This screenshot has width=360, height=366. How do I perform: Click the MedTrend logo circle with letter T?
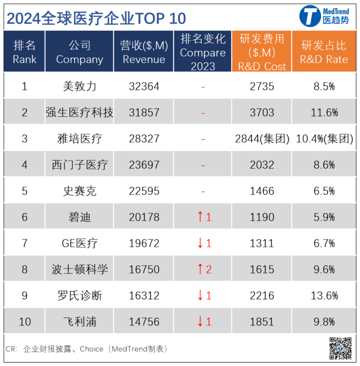click(x=310, y=16)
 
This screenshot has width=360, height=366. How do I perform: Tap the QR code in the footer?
click(x=340, y=348)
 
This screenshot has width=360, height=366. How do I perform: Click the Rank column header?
click(x=24, y=52)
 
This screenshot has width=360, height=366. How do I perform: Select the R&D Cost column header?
click(x=262, y=52)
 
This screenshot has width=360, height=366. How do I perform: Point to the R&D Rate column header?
click(x=324, y=52)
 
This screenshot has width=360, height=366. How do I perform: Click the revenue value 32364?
click(x=144, y=87)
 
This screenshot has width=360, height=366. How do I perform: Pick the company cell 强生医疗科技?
click(x=79, y=112)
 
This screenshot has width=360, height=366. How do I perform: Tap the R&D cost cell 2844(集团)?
click(x=262, y=139)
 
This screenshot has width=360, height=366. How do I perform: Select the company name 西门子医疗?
click(x=79, y=165)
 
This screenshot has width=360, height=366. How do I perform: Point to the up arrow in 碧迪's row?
click(x=200, y=217)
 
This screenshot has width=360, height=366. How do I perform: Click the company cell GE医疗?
click(x=79, y=244)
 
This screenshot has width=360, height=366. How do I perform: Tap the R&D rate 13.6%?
click(x=324, y=296)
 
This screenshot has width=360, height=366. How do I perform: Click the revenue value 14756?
click(x=144, y=322)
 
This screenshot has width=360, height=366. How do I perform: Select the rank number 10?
click(x=25, y=322)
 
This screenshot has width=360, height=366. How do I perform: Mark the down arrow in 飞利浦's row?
click(x=200, y=321)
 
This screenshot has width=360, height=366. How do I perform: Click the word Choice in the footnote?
click(x=91, y=349)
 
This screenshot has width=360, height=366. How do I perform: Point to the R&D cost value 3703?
click(x=262, y=113)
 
